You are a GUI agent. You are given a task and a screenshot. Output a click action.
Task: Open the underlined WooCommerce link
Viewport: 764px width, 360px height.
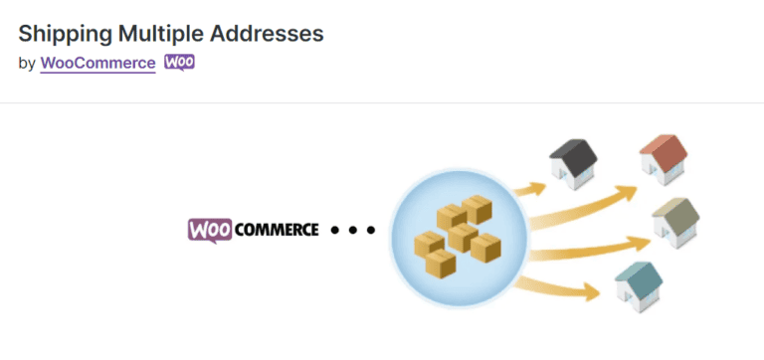(x=97, y=63)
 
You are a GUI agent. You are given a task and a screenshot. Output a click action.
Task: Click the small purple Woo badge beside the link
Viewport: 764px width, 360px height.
(x=179, y=62)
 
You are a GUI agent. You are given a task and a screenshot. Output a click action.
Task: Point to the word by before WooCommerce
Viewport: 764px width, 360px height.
(x=27, y=63)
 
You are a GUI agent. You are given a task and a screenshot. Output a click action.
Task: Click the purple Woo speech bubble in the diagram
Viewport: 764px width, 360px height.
(x=210, y=230)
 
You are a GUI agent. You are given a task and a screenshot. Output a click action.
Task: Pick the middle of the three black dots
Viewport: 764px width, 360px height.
(x=353, y=231)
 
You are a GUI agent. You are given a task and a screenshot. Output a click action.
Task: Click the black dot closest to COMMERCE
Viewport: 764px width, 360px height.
(x=335, y=231)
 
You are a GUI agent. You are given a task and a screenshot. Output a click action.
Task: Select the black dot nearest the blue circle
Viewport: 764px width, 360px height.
(x=371, y=231)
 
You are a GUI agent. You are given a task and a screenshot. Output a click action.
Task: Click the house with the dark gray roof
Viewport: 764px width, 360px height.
(x=574, y=161)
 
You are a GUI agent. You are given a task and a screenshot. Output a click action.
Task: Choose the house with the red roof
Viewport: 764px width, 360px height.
(x=664, y=160)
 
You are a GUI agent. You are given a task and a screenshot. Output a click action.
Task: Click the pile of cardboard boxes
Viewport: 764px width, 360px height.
(x=457, y=238)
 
